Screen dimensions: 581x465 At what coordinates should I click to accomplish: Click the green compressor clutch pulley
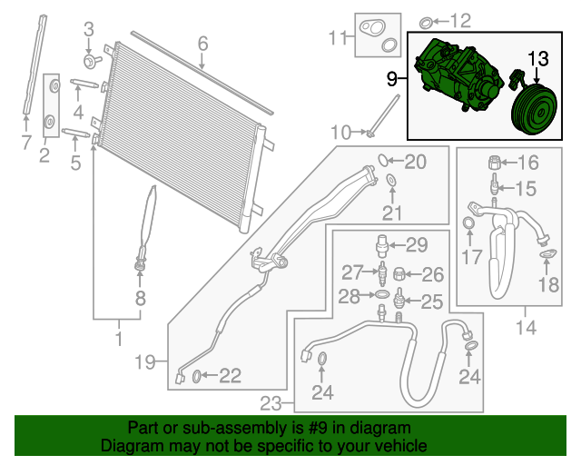coord(534,109)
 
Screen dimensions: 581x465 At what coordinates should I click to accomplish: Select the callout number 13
coord(538,59)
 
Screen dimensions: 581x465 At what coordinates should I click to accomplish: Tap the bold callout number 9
coord(392,79)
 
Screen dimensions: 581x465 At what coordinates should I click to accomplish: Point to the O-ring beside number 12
coord(426,23)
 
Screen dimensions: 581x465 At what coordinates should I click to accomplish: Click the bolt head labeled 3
coord(90,62)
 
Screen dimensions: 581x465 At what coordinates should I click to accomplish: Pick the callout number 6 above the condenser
coord(202,44)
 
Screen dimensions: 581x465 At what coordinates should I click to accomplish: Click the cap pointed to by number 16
coord(494,163)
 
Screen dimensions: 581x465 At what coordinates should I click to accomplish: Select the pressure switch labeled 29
coord(381,245)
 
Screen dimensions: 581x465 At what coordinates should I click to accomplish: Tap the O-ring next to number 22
coord(197,376)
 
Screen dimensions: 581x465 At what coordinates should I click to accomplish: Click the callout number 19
coord(145,361)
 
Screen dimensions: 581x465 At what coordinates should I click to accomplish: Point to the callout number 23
coord(271,403)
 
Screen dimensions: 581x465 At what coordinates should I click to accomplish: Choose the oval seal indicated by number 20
coord(383,160)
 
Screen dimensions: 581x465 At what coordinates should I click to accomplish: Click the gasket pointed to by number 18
coord(547,254)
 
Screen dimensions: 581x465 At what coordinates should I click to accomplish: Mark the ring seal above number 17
coord(469,223)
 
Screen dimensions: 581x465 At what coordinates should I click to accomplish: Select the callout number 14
coord(526,328)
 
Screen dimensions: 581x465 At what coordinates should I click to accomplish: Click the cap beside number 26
coord(399,274)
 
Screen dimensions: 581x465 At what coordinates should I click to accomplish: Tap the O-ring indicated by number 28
coord(382,295)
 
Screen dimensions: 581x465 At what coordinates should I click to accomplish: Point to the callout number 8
coord(140,298)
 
